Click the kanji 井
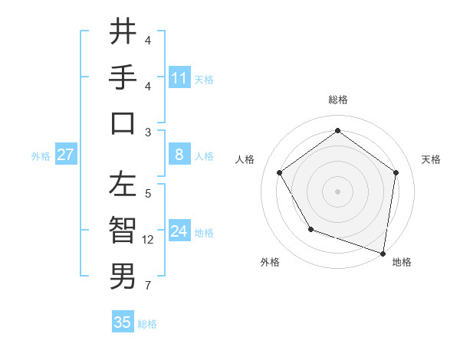pyautogui.click(x=123, y=32)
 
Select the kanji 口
pyautogui.click(x=123, y=123)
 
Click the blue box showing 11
pyautogui.click(x=179, y=77)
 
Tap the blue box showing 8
pyautogui.click(x=179, y=155)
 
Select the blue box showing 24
pyautogui.click(x=179, y=231)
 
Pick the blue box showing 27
pyautogui.click(x=66, y=155)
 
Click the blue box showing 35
pyautogui.click(x=123, y=322)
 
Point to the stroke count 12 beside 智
pyautogui.click(x=148, y=240)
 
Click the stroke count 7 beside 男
pyautogui.click(x=148, y=286)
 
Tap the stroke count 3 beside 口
pyautogui.click(x=148, y=132)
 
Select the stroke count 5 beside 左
pyautogui.click(x=148, y=195)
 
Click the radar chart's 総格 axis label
pyautogui.click(x=337, y=100)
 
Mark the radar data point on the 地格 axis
pyautogui.click(x=383, y=253)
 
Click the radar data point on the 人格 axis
pyautogui.click(x=280, y=172)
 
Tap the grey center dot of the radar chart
pyautogui.click(x=337, y=191)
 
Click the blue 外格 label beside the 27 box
pyautogui.click(x=41, y=156)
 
